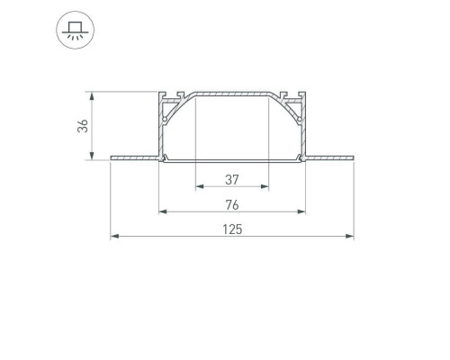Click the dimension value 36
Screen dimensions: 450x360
coord(83,126)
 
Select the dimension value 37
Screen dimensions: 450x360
coord(232,180)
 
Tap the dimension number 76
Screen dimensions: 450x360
coord(232,205)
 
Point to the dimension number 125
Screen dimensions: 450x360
coord(232,229)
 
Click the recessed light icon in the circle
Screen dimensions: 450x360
coord(76,31)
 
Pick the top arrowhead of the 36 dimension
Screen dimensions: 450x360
coord(92,96)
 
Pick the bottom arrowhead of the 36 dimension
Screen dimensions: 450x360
coord(92,156)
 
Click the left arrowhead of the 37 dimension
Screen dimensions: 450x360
coord(200,186)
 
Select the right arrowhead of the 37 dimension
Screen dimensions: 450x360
coord(265,186)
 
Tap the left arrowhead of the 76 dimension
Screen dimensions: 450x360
coord(163,211)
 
